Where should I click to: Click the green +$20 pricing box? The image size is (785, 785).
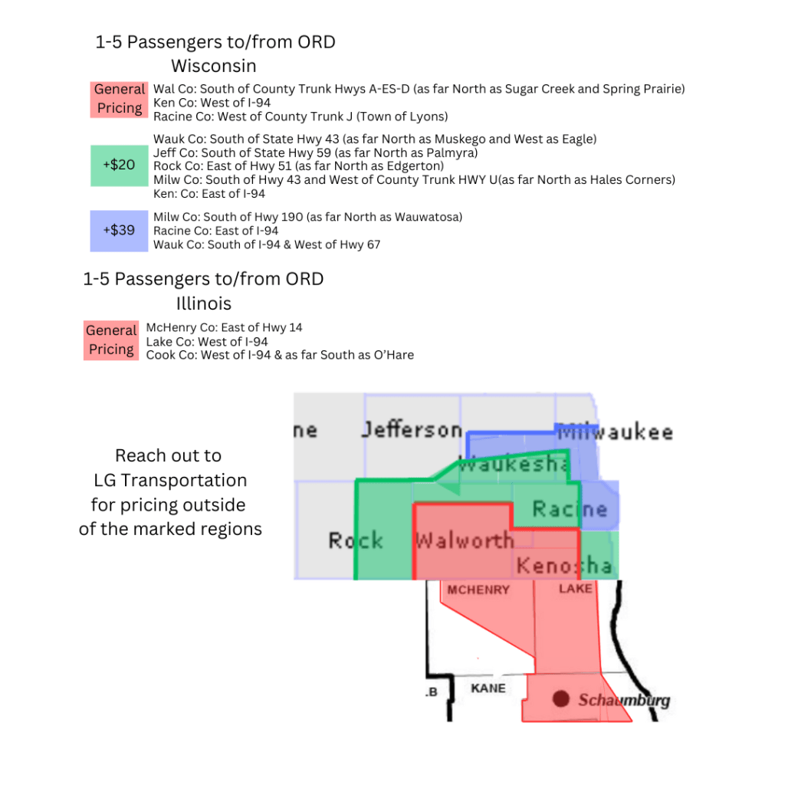click(x=118, y=165)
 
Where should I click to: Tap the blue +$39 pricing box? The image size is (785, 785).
click(x=118, y=230)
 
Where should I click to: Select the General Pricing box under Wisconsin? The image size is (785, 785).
click(x=120, y=99)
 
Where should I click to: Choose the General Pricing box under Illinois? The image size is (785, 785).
click(x=111, y=340)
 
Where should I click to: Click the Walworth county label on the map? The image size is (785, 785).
click(x=464, y=540)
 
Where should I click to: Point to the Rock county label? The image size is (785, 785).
click(x=356, y=540)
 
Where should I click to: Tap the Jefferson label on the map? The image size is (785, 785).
click(x=412, y=429)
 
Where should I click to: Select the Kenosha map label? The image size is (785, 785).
click(x=564, y=567)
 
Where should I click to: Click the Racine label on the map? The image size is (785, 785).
click(x=570, y=508)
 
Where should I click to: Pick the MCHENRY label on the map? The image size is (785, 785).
click(x=478, y=590)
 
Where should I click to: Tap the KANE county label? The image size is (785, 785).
click(x=488, y=688)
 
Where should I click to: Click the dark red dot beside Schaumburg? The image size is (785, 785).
click(x=561, y=698)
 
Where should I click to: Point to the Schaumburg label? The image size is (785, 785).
click(x=624, y=700)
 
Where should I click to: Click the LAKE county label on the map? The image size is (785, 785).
click(x=576, y=588)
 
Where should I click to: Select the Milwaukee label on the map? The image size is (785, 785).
click(x=616, y=432)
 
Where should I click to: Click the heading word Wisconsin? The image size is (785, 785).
click(x=213, y=65)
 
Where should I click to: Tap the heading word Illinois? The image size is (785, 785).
click(x=204, y=304)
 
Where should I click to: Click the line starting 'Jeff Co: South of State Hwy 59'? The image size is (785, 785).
click(x=315, y=153)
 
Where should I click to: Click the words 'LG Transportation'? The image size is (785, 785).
click(x=170, y=481)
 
